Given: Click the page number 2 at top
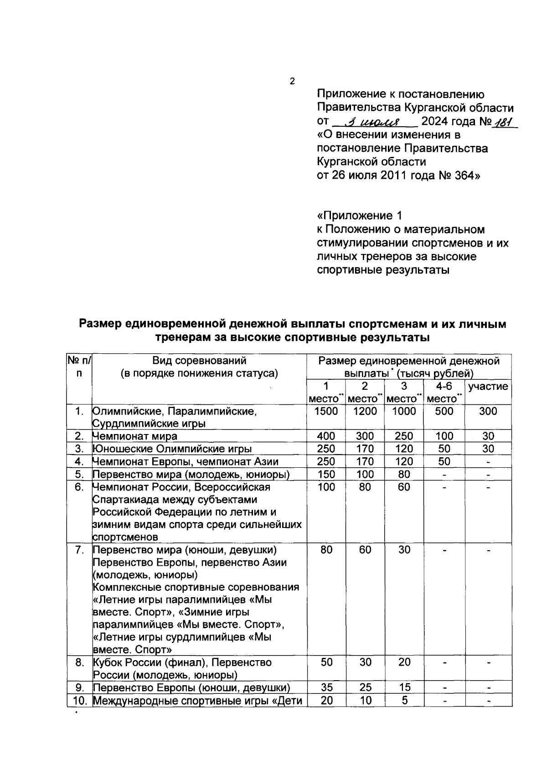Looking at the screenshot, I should tap(292, 82).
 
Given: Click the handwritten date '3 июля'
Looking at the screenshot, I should tap(373, 122).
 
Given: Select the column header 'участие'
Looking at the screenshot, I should tap(488, 387).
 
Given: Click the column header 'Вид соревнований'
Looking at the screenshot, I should tap(199, 361).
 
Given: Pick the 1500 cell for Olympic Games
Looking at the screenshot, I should tap(326, 411).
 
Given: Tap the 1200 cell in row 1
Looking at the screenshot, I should tap(365, 411).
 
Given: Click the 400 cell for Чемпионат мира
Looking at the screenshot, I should tap(326, 436).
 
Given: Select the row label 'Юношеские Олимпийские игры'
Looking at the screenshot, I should tap(172, 449).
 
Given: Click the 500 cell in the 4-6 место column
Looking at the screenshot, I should tap(444, 411).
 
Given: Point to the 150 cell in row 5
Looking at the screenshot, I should tap(326, 474).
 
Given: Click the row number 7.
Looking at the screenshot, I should tap(79, 550).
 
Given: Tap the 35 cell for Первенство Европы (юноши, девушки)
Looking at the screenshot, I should tap(326, 687).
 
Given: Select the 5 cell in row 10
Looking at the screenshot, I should tap(404, 700).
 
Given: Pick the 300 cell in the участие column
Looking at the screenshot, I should tap(488, 411).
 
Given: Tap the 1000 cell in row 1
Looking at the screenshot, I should tap(404, 411).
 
